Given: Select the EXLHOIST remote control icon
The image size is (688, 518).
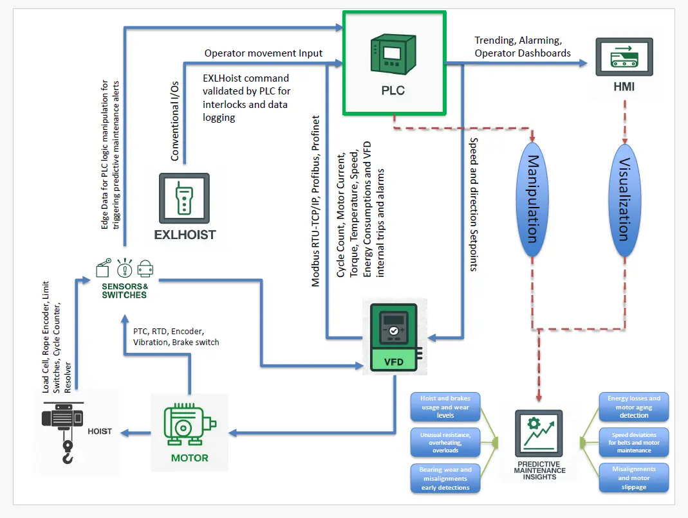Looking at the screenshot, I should pyautogui.click(x=184, y=198).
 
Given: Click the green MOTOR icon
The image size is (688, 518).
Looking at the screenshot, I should pyautogui.click(x=189, y=425).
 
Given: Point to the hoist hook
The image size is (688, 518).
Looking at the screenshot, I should pyautogui.click(x=68, y=452).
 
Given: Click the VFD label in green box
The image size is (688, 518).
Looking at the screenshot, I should pyautogui.click(x=393, y=362).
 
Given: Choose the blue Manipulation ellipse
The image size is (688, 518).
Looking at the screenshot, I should pyautogui.click(x=533, y=199).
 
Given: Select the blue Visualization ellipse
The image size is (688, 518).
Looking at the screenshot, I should pyautogui.click(x=623, y=199).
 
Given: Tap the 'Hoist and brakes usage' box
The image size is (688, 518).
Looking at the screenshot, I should pyautogui.click(x=444, y=407).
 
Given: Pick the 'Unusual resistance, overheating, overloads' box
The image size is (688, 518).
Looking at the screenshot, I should pyautogui.click(x=444, y=442).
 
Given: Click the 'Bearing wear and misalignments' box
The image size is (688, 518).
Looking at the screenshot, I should pyautogui.click(x=444, y=478).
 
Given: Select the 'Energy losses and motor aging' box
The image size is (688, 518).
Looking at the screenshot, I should pyautogui.click(x=634, y=407).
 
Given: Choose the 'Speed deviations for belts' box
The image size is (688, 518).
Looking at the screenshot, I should pyautogui.click(x=634, y=442).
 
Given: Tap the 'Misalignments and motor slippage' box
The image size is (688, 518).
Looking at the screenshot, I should pyautogui.click(x=634, y=478).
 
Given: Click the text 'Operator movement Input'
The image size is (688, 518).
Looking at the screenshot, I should pyautogui.click(x=263, y=53).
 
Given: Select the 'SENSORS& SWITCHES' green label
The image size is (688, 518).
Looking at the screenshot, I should pyautogui.click(x=124, y=290).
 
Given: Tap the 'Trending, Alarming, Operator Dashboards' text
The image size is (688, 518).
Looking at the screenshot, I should pyautogui.click(x=523, y=47).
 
